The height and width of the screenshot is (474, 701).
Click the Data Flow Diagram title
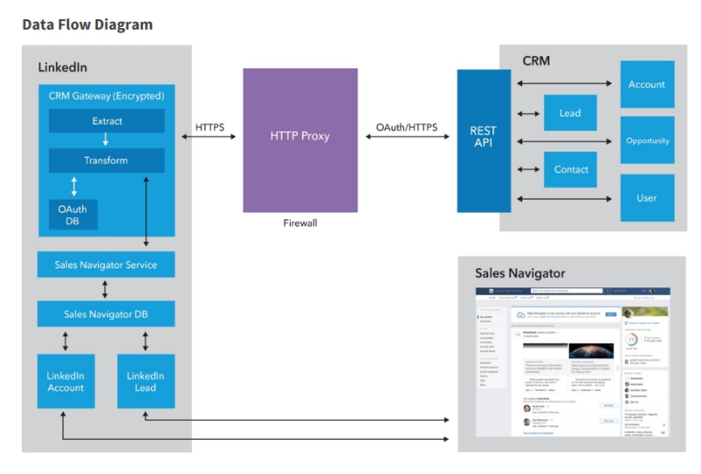point(88,25)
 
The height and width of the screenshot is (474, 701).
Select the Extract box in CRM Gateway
point(107,121)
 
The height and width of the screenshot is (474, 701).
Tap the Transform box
point(106,160)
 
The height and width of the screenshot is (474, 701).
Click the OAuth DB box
point(73,215)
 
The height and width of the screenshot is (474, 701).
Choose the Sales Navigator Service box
point(105,265)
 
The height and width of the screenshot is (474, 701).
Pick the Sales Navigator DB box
point(105,314)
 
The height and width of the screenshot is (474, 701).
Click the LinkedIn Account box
point(66,381)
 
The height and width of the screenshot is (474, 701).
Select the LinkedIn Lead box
point(145,381)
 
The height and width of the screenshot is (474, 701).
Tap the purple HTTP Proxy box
point(300,137)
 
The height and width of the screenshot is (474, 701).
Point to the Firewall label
point(300,223)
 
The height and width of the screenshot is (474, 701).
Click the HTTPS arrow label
point(209,128)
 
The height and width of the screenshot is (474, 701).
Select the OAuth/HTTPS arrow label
point(407,128)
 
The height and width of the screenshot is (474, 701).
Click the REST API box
point(483,138)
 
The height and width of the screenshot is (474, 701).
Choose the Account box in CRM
point(647,84)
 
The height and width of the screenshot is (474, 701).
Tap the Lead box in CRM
point(570,113)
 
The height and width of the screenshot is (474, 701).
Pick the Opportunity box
point(647,140)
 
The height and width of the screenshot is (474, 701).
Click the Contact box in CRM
point(571,169)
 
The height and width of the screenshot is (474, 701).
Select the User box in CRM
point(647,198)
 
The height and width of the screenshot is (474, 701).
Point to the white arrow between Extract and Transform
point(106,140)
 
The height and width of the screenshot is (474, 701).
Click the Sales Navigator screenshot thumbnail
point(571,362)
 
